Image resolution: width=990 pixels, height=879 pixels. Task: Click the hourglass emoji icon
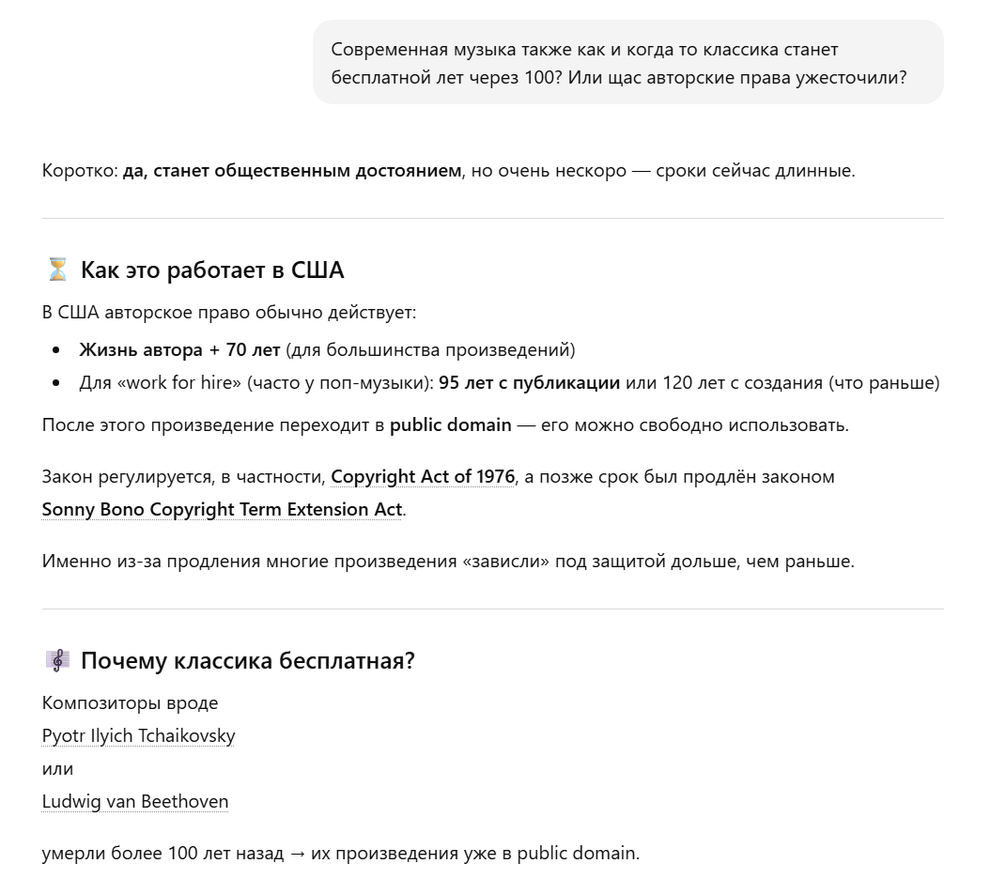point(57,270)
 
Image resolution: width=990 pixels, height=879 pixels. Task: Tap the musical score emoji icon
point(57,661)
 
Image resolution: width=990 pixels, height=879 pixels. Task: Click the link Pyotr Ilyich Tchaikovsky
point(138,736)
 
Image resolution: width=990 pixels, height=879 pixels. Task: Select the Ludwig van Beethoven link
point(135,802)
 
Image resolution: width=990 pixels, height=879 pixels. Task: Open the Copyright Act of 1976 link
point(423,477)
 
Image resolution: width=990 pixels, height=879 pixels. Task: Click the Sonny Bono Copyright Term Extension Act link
point(222,510)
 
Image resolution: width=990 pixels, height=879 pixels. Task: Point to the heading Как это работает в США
point(212,270)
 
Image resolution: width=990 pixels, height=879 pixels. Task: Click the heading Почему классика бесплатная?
point(248,661)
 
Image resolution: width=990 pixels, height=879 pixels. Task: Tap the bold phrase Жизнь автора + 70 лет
point(179,350)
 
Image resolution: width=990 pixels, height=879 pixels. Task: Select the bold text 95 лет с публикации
point(529,383)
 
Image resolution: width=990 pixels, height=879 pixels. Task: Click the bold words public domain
point(451,425)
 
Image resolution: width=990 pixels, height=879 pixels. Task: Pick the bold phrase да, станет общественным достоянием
point(292,171)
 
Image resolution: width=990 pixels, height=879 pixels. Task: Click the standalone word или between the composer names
point(57,769)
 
